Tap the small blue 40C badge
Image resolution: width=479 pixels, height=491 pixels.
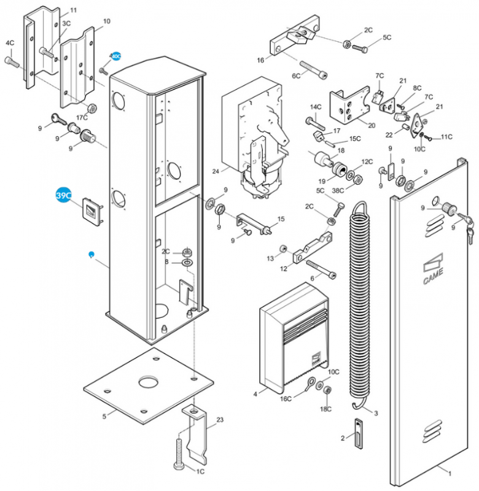click(x=115, y=56)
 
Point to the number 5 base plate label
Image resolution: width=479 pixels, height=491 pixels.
click(x=104, y=417)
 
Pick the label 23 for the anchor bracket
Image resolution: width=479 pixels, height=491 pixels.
click(x=220, y=420)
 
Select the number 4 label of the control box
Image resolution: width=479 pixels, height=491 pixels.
click(x=255, y=393)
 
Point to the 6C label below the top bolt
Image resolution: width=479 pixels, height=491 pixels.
click(x=296, y=76)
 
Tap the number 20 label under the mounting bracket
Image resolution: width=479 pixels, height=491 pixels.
click(x=372, y=125)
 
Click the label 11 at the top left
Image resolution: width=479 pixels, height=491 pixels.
click(x=73, y=11)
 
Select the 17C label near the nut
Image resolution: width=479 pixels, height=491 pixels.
click(x=82, y=117)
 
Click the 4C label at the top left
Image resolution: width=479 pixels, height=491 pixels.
click(x=10, y=43)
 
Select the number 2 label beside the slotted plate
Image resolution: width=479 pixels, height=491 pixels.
click(x=343, y=438)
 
